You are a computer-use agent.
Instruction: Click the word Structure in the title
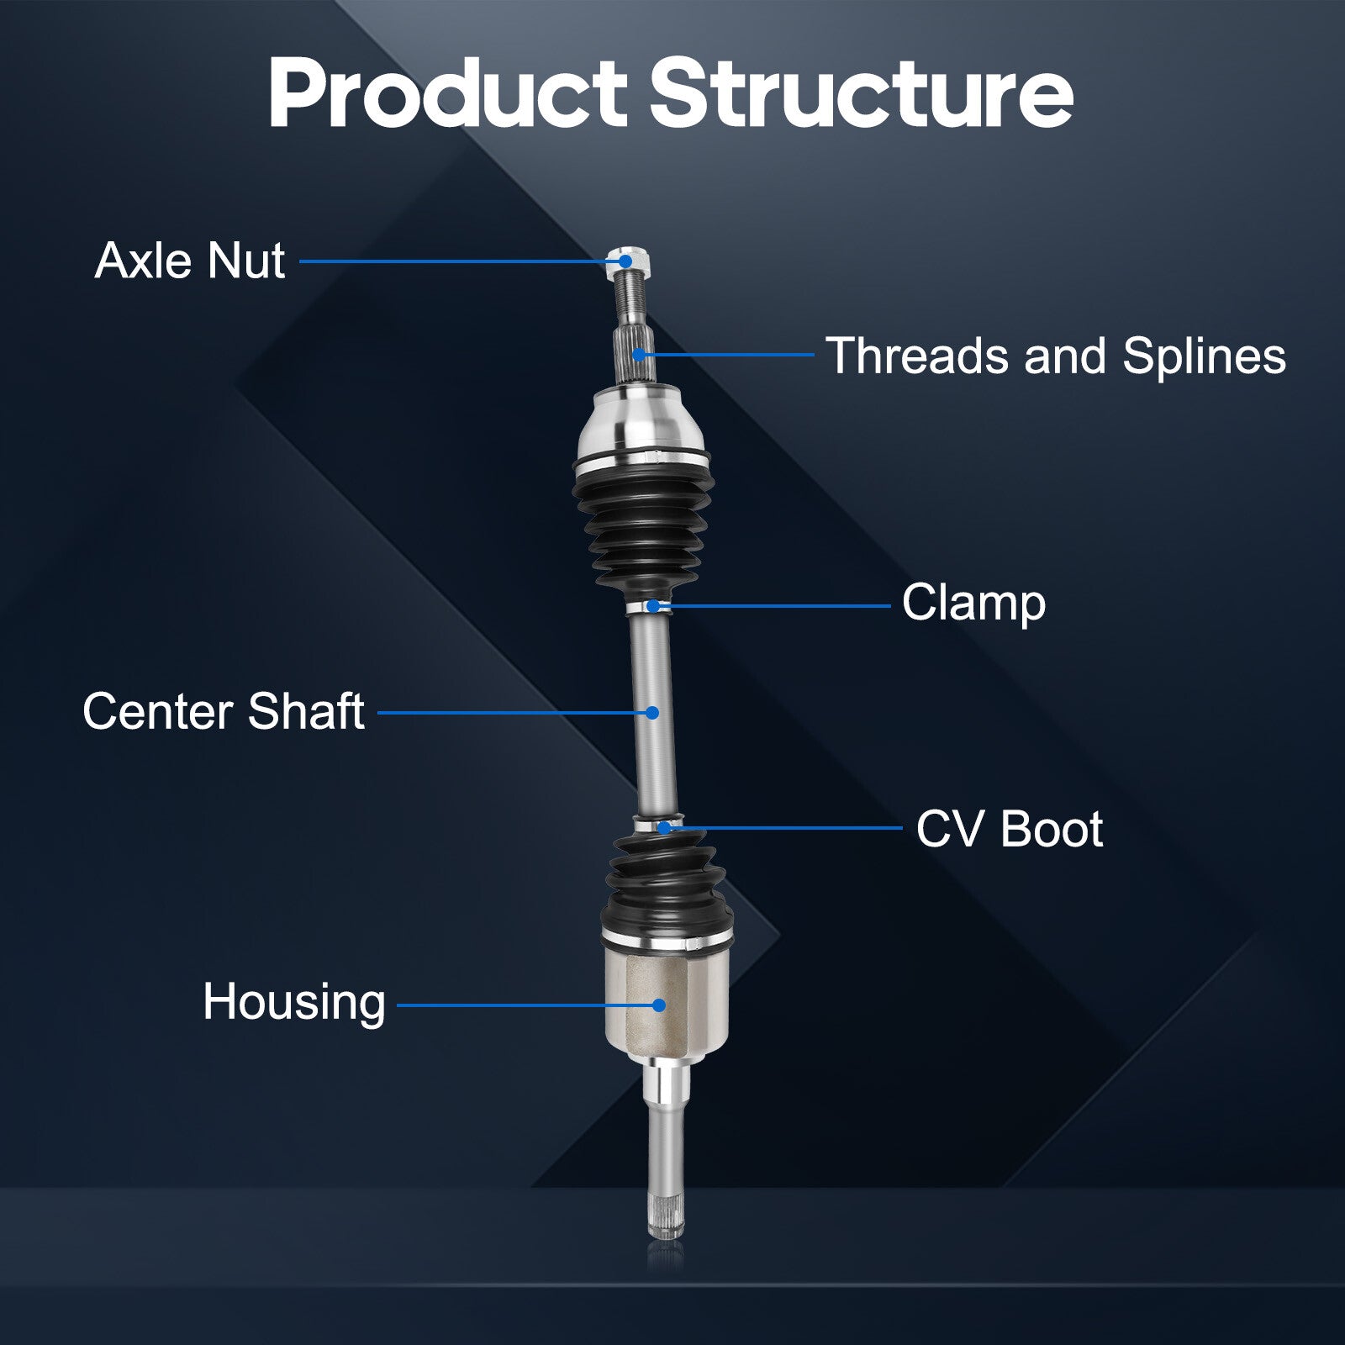point(862,93)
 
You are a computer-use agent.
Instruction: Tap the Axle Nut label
point(190,261)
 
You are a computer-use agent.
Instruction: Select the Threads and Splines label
point(1056,356)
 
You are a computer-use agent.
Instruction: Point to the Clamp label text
point(973,604)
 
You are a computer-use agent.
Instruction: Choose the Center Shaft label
point(224,712)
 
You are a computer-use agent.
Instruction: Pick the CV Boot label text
point(1010,829)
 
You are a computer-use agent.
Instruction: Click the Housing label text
point(294,1003)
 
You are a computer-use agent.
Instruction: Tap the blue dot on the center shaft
point(652,713)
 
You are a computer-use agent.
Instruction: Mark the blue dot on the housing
point(659,1005)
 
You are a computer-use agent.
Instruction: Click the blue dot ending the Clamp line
point(652,605)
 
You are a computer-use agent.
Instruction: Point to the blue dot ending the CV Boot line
point(664,828)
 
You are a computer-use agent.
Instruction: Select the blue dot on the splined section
point(640,355)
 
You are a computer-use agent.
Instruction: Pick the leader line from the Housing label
point(528,1005)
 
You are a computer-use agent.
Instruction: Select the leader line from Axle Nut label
point(463,261)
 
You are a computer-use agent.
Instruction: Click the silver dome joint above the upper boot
point(642,425)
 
